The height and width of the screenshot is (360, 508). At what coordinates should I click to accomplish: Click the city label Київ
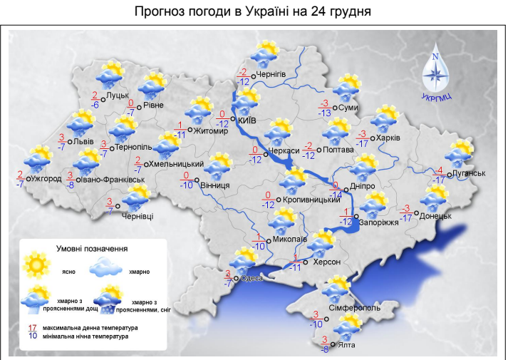(247, 120)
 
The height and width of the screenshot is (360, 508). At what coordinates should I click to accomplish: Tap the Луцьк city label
(117, 95)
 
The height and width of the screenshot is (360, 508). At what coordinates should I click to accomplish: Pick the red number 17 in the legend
(31, 327)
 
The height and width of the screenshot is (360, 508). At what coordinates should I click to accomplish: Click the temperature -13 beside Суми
(325, 113)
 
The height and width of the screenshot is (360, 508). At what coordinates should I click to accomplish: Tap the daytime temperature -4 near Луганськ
(440, 170)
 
